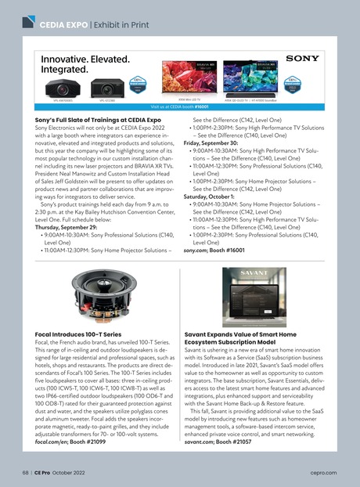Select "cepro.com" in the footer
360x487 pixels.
click(x=326, y=473)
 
